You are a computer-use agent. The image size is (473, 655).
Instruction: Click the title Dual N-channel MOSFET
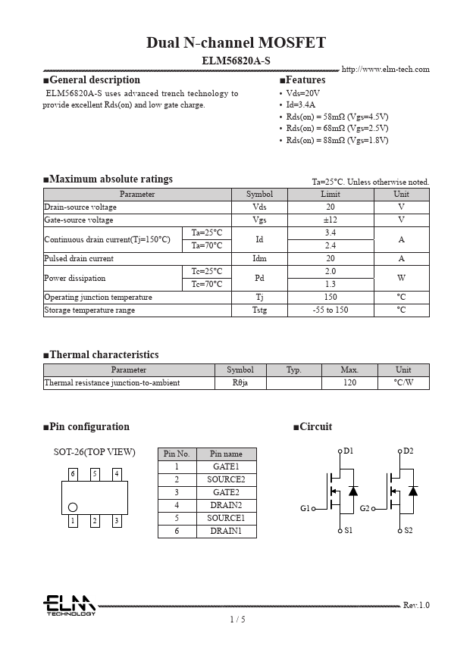(x=236, y=42)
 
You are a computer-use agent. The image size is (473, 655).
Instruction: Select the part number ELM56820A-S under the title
(x=236, y=60)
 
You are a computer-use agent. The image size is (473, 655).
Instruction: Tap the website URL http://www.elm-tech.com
(x=385, y=70)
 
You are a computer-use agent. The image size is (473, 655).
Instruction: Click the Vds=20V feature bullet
(x=302, y=92)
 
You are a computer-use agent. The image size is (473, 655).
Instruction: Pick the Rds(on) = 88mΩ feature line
(x=337, y=140)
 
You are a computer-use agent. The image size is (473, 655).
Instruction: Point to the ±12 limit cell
(x=330, y=220)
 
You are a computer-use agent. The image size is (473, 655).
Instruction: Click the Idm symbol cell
(x=259, y=258)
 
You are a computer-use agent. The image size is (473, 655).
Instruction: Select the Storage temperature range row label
(x=89, y=310)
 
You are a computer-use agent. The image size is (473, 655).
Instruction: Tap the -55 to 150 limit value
(x=330, y=310)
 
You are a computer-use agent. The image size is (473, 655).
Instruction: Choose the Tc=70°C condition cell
(x=206, y=284)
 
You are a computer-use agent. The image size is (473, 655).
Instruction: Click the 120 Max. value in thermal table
(x=349, y=383)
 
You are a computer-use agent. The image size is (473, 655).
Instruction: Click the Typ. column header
(x=293, y=370)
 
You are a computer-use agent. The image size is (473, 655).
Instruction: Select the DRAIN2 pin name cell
(x=226, y=505)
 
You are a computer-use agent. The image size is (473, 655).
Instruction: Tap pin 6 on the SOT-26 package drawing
(x=73, y=474)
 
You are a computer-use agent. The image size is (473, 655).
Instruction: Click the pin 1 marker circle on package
(x=73, y=507)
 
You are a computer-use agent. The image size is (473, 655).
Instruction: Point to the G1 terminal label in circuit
(x=305, y=508)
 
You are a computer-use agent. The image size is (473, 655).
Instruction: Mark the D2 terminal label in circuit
(x=409, y=451)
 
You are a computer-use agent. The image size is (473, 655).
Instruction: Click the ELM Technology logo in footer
(x=69, y=605)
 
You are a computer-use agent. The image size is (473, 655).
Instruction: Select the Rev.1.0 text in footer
(x=415, y=605)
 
